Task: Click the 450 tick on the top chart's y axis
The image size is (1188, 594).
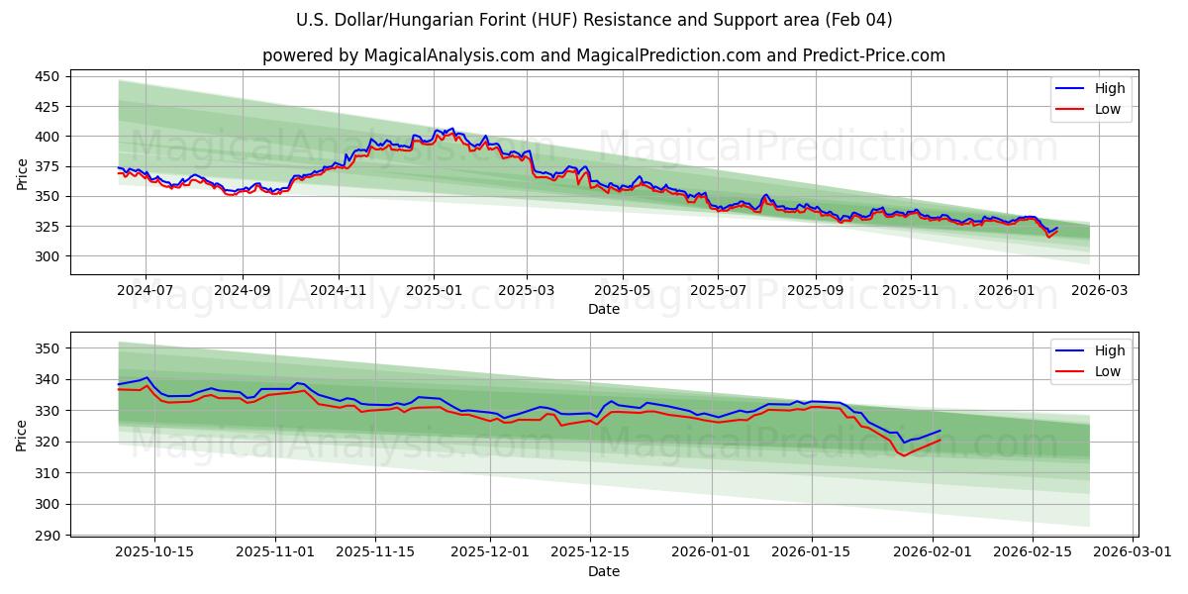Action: pos(49,76)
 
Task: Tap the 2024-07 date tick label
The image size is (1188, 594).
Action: pos(146,290)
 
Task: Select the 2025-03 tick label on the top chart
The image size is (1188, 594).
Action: pos(527,290)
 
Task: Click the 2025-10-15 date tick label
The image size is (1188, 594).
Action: pos(153,552)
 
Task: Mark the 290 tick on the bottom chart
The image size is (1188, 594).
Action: pos(49,536)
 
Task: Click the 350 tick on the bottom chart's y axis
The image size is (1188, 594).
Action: pos(49,348)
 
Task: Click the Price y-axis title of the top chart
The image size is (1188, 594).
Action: pos(22,173)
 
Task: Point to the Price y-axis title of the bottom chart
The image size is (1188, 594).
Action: pos(22,436)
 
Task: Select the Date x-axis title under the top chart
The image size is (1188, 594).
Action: pos(604,309)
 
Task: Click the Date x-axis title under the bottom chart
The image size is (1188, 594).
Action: pos(604,571)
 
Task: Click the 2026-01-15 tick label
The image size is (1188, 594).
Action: pos(812,552)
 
